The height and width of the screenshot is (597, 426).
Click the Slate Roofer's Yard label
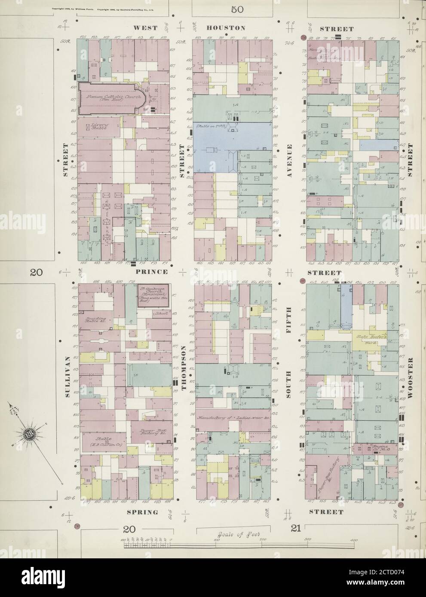coord(369,339)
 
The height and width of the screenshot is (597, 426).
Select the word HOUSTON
coord(226,28)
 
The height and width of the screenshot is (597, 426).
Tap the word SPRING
coord(143,512)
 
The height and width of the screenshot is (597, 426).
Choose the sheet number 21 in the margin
coord(296,529)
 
